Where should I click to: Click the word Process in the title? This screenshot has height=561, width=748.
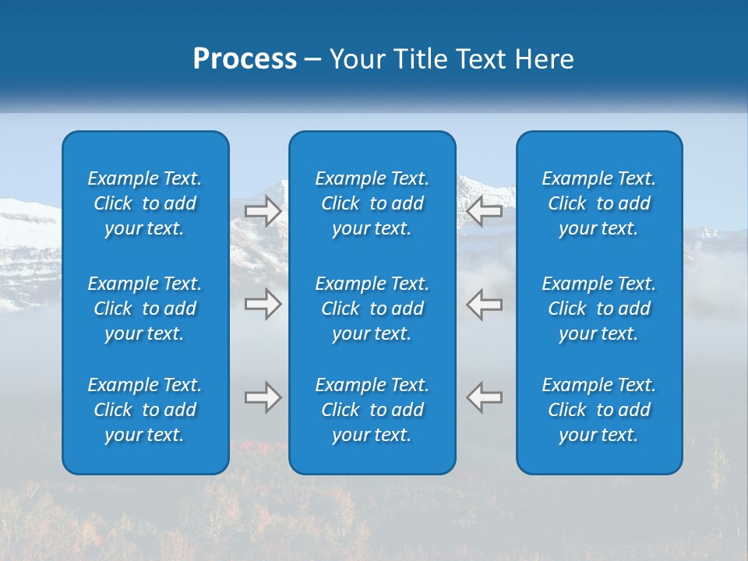point(245,59)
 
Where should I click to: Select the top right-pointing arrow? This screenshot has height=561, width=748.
point(263,211)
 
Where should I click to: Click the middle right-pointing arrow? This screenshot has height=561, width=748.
point(263,304)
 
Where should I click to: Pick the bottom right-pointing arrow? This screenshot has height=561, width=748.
point(263,397)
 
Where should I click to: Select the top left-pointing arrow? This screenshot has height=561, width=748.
point(485,211)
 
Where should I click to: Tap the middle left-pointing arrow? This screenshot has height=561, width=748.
point(485,304)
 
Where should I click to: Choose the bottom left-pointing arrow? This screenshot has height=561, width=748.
point(485,397)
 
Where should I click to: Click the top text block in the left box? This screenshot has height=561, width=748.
point(145,203)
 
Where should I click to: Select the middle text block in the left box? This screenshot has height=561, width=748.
point(145,309)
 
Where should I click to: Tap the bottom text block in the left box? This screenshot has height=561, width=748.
point(145,410)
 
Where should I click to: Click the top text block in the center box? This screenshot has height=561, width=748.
point(372,203)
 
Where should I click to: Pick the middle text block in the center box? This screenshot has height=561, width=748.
point(372,309)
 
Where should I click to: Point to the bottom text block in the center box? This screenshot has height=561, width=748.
point(372,410)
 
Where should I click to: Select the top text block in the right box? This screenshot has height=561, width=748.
point(598,203)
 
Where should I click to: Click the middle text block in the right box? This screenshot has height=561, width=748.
point(598,309)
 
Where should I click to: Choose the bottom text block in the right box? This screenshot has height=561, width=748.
point(598,410)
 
